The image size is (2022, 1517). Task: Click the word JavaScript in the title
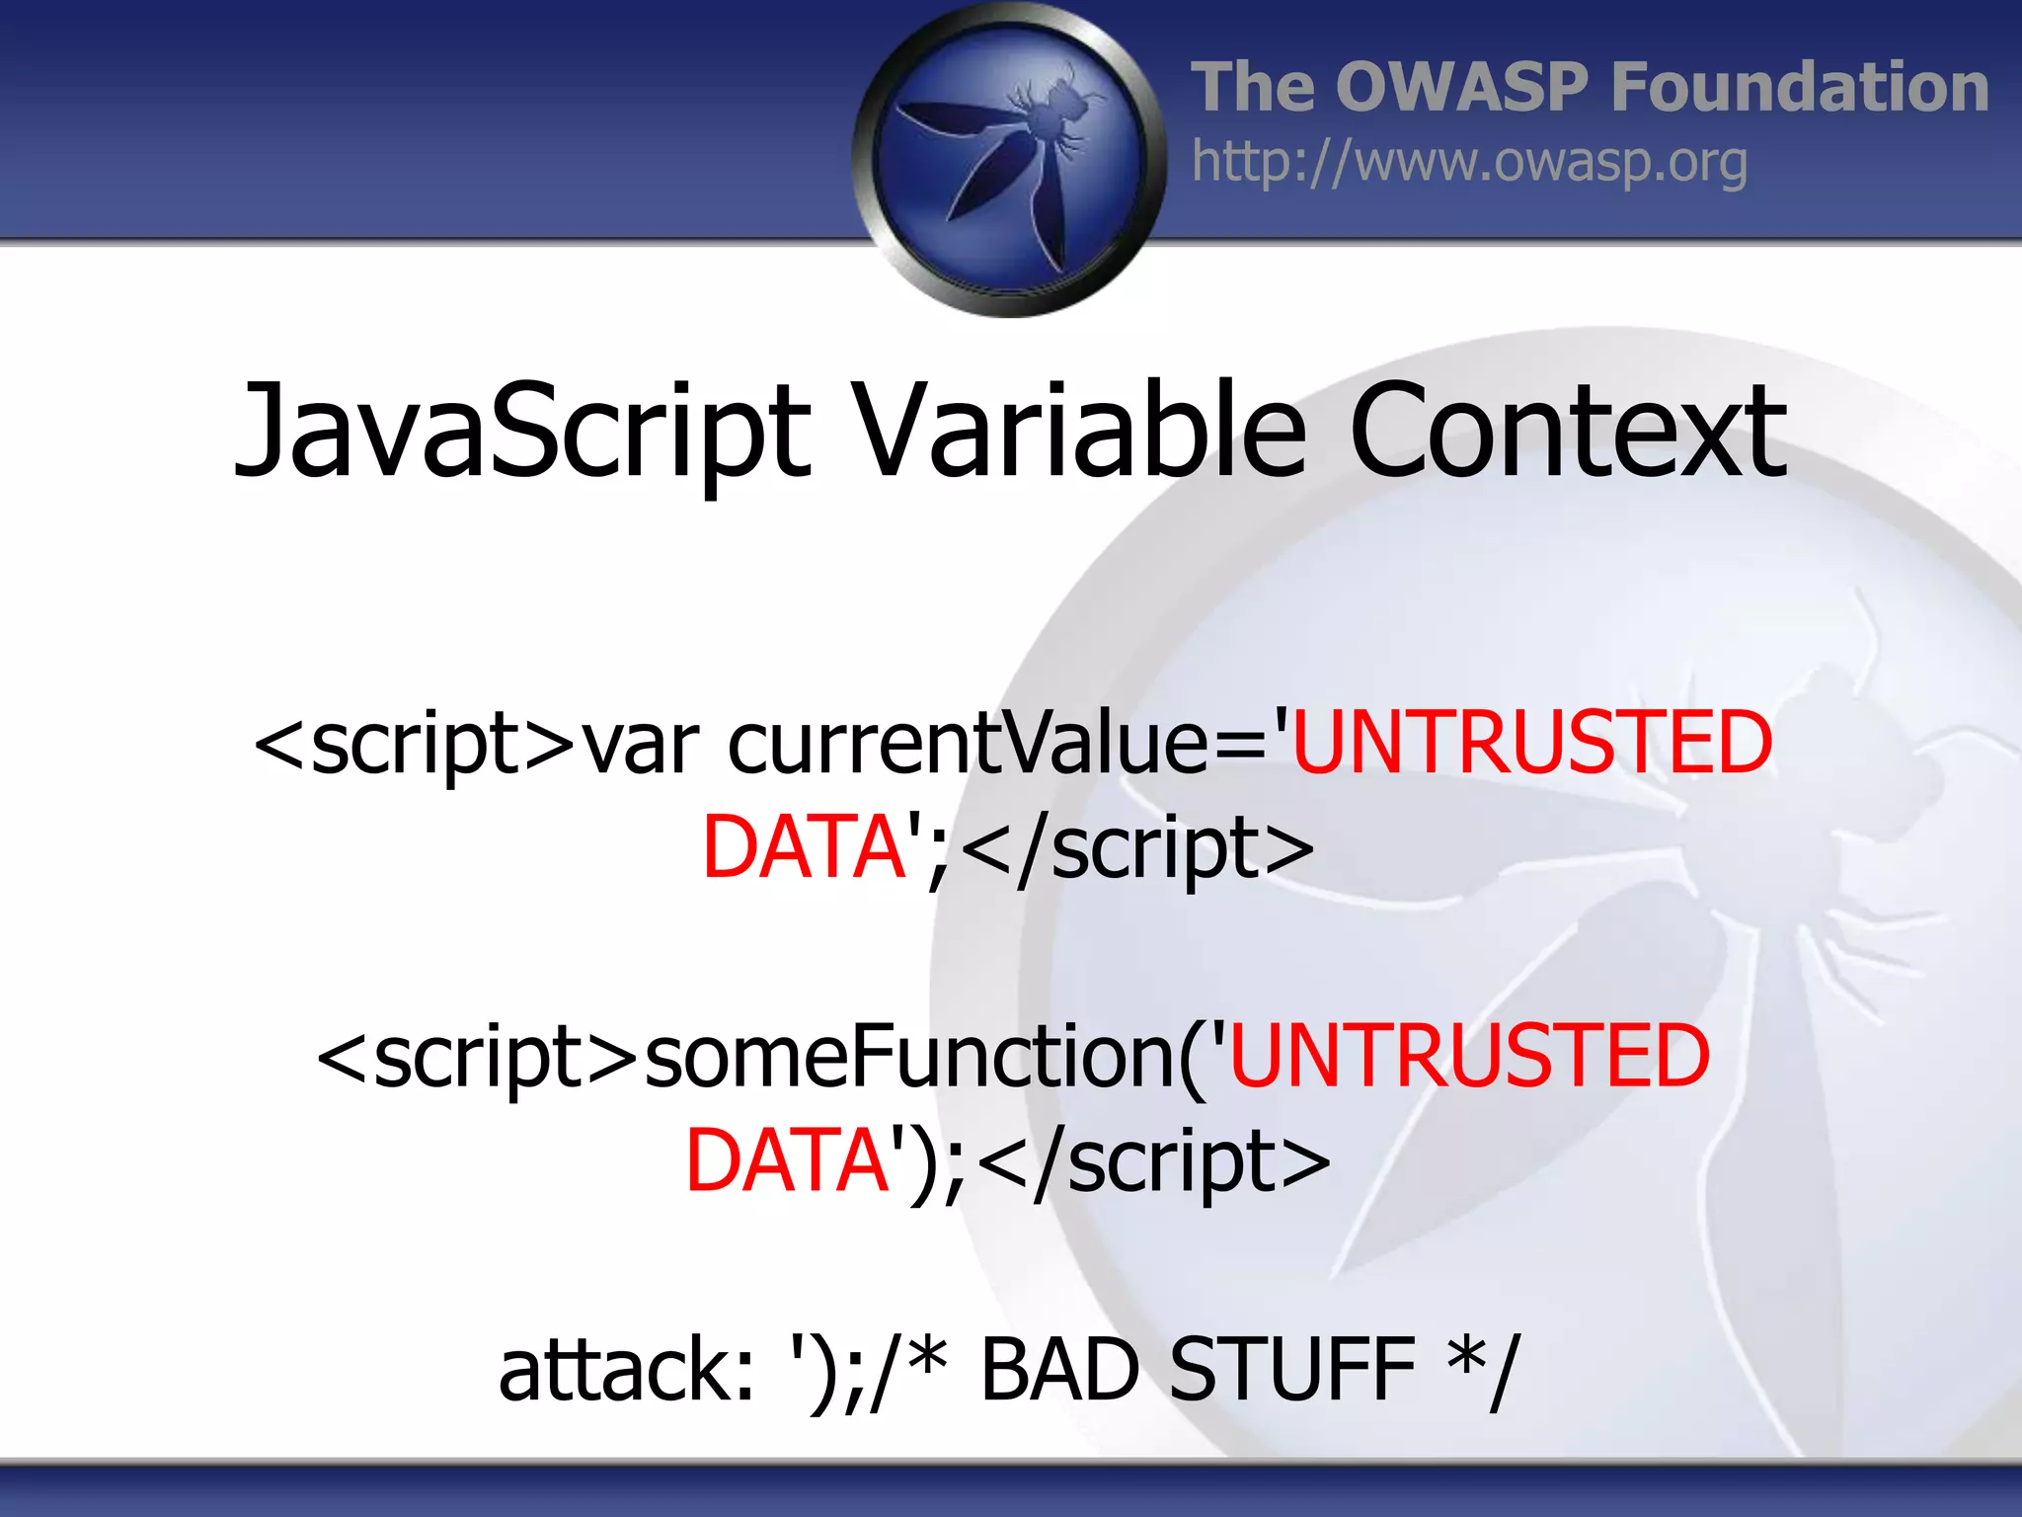pos(521,433)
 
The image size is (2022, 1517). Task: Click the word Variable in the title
pos(1080,433)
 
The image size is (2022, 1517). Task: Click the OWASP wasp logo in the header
pos(1009,158)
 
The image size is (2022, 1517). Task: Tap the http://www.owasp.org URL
pos(1469,162)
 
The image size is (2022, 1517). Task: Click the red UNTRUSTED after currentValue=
pos(1532,743)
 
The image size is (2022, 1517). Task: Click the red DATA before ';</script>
pos(804,847)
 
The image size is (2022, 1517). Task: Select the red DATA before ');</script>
pos(788,1161)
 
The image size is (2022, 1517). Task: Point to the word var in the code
pos(640,743)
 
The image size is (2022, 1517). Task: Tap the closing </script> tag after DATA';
pos(1135,847)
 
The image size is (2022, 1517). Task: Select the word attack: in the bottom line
pos(626,1371)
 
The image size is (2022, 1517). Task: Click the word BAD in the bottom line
pos(1060,1371)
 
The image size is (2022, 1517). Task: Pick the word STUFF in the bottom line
pos(1291,1371)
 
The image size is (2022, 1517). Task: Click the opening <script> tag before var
pos(415,743)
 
